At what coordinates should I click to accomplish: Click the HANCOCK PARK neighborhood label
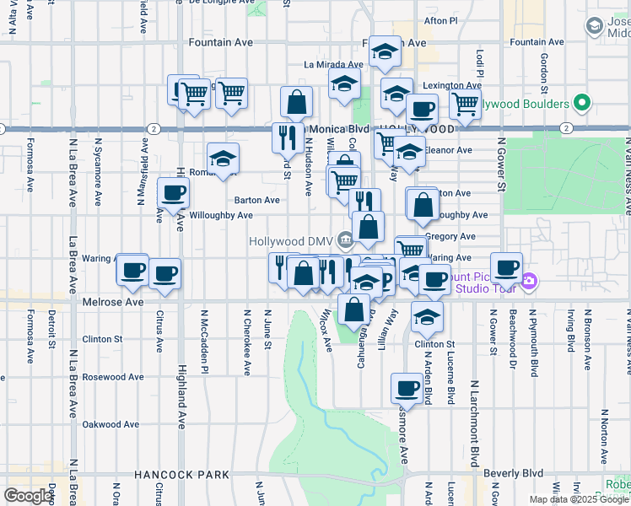181,476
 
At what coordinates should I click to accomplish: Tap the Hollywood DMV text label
293,240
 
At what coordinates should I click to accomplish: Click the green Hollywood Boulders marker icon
581,104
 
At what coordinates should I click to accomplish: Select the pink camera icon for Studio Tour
529,282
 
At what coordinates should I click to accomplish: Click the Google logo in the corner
28,497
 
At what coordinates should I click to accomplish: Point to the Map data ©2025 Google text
578,499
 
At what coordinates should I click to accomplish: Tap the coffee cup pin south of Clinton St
407,389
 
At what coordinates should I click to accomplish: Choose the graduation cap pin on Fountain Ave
384,53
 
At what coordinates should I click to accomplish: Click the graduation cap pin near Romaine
223,159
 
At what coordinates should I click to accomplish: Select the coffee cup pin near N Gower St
506,268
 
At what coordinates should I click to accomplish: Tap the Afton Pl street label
440,20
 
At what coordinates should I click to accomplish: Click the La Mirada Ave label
333,64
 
